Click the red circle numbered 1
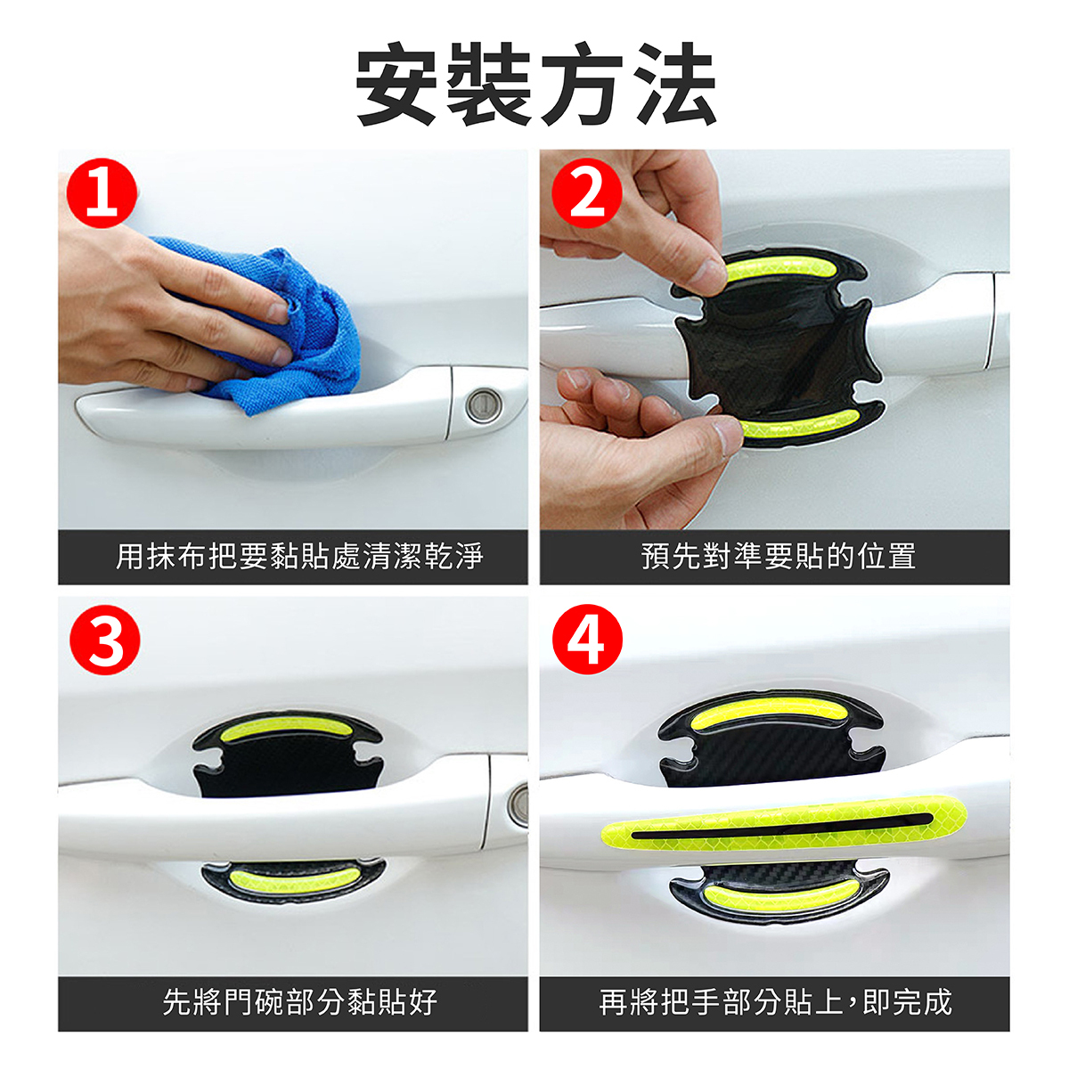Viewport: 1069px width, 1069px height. click(x=102, y=192)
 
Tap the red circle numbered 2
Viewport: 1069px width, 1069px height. click(x=587, y=192)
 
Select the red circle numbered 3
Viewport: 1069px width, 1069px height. click(x=105, y=640)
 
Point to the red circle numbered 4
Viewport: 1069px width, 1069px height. click(x=587, y=640)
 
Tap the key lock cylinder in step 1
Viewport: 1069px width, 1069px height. click(x=484, y=404)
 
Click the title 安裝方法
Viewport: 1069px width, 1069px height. click(x=536, y=85)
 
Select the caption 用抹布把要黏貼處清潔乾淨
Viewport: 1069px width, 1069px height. click(x=299, y=556)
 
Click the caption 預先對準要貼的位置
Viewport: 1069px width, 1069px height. click(x=779, y=556)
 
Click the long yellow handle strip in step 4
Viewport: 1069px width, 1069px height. click(x=783, y=831)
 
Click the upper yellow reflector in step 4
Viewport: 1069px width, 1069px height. click(x=771, y=712)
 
